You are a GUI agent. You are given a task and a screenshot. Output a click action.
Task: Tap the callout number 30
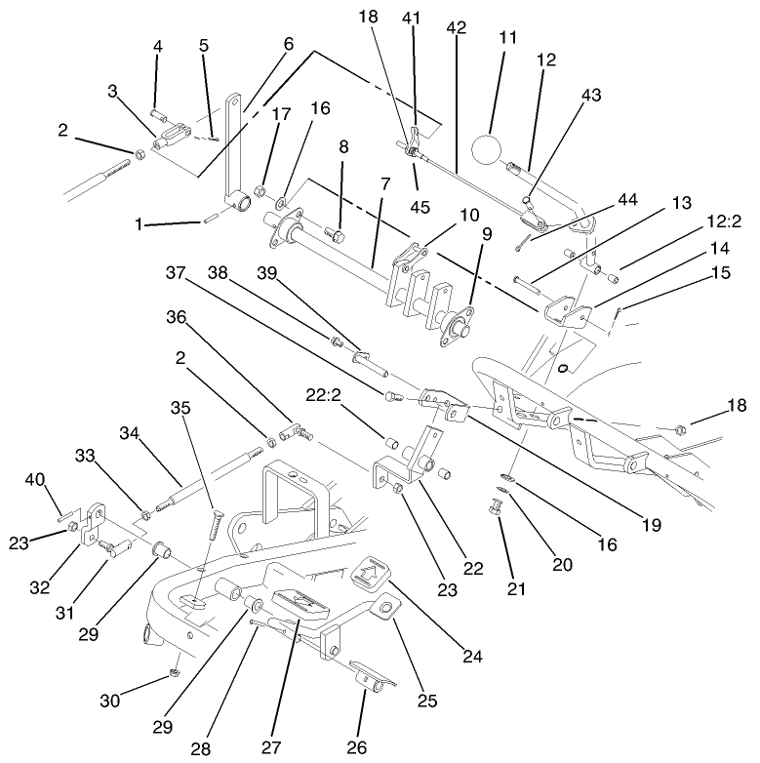[x=109, y=700]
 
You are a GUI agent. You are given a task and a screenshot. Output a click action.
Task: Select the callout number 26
[x=357, y=747]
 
